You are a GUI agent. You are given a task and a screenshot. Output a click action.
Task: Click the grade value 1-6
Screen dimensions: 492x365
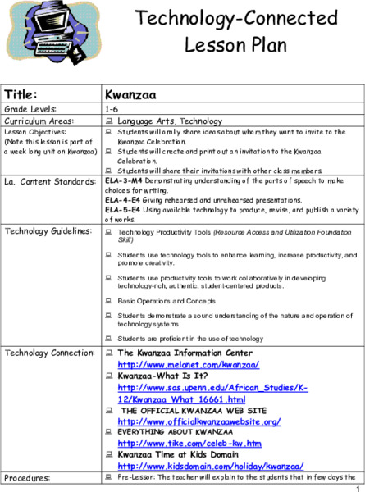point(112,108)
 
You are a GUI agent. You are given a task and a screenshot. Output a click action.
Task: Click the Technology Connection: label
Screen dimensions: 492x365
point(48,352)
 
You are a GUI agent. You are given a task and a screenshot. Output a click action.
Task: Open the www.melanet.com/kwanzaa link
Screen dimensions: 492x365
point(171,364)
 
